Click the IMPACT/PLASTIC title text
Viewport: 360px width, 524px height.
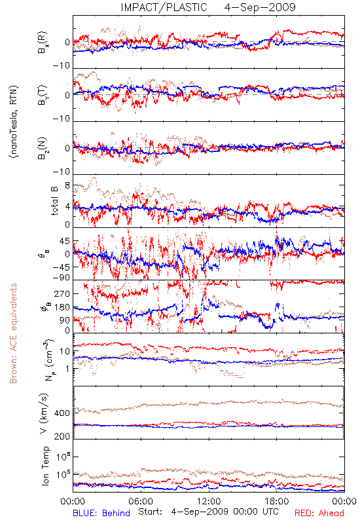click(x=164, y=7)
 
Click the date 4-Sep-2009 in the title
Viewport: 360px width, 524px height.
click(x=260, y=7)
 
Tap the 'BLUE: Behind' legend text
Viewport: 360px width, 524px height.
click(x=101, y=513)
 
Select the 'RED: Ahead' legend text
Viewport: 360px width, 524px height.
click(x=319, y=513)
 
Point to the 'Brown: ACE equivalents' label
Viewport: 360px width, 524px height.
click(x=13, y=333)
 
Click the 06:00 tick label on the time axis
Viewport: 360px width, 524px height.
click(x=141, y=501)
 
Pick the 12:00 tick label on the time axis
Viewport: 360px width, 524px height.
click(x=209, y=501)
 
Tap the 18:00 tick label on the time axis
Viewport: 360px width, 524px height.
click(x=277, y=501)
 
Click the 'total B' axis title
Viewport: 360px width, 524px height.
click(x=54, y=201)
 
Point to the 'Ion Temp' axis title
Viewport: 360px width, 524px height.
click(x=45, y=466)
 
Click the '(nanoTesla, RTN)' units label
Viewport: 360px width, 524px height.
click(x=14, y=122)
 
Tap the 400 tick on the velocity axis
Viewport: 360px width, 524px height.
click(x=62, y=413)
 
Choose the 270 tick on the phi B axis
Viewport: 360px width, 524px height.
click(x=62, y=293)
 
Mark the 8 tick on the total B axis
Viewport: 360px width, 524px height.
click(x=67, y=185)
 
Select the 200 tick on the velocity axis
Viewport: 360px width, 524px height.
click(x=62, y=436)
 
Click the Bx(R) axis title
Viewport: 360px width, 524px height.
click(x=43, y=43)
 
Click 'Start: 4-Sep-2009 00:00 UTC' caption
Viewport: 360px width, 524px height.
click(x=208, y=512)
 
